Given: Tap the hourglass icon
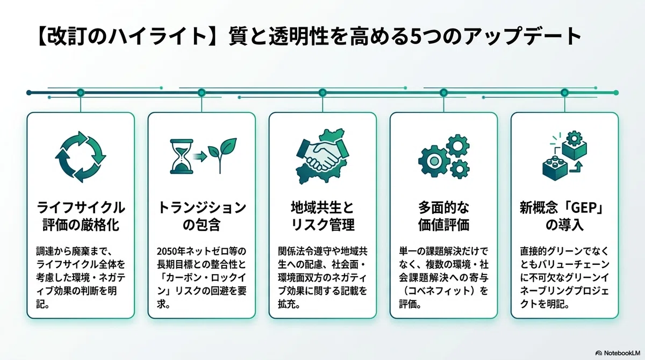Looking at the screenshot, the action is (182, 156).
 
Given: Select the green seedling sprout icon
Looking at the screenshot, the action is (222, 156).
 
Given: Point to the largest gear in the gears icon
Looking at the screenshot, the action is (434, 161).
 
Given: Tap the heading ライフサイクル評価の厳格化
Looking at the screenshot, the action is (81, 216).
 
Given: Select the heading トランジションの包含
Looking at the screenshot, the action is (202, 216).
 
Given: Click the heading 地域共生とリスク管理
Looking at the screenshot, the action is (322, 216).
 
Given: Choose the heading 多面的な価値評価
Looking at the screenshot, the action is (444, 216).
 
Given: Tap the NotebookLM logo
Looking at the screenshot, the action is (618, 353).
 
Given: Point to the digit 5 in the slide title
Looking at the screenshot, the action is (414, 37).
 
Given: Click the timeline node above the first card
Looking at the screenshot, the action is (81, 92).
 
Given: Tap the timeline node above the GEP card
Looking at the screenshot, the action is (564, 92).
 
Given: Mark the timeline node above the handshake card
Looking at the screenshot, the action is (322, 92).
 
